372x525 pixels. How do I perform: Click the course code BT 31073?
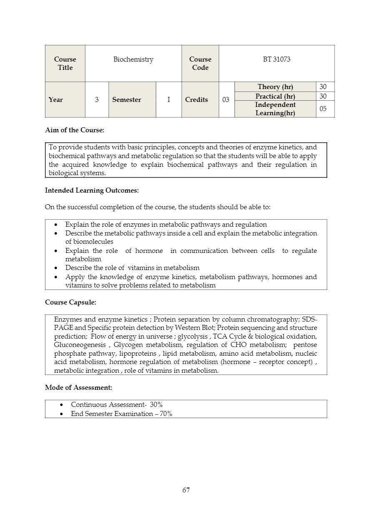[277, 59]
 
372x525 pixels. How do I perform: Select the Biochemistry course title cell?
[133, 59]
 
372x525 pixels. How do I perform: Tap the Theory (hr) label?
[275, 87]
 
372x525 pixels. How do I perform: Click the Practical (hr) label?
[275, 97]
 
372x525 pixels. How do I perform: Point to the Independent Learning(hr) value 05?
[323, 109]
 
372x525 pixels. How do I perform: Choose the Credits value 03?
[226, 100]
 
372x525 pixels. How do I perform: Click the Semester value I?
[169, 100]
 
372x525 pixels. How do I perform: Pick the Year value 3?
[97, 100]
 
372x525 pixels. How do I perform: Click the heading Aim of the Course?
[75, 130]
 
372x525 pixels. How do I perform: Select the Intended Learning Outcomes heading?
[92, 191]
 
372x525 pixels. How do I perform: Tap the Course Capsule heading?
[70, 302]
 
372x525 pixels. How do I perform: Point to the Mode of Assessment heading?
[78, 388]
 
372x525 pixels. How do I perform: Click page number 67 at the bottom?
[186, 490]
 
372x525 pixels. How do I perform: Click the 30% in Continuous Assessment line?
[156, 404]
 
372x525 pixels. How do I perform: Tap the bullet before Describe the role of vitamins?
[56, 268]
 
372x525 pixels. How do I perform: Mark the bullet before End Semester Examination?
[62, 414]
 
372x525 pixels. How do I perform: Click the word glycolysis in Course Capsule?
[193, 337]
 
